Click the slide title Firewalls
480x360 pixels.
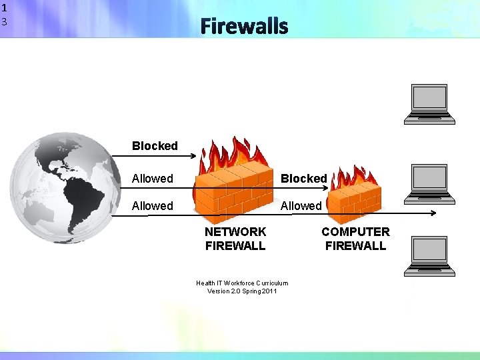(x=244, y=27)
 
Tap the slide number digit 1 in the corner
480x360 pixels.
(x=4, y=9)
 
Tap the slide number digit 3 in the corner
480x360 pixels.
(x=4, y=22)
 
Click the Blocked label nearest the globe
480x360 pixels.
(x=155, y=146)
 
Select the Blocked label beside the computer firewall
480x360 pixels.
(x=303, y=179)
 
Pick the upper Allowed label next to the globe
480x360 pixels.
(x=152, y=179)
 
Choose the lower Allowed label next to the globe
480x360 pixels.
(x=152, y=206)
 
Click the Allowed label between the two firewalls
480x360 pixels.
(x=301, y=206)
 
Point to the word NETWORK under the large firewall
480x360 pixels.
(x=235, y=232)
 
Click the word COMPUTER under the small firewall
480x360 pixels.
(x=355, y=232)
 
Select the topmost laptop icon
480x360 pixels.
(x=430, y=104)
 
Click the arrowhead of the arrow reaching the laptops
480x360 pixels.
(x=433, y=214)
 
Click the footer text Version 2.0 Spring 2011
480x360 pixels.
(x=242, y=291)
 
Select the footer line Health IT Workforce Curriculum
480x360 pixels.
(x=242, y=283)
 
